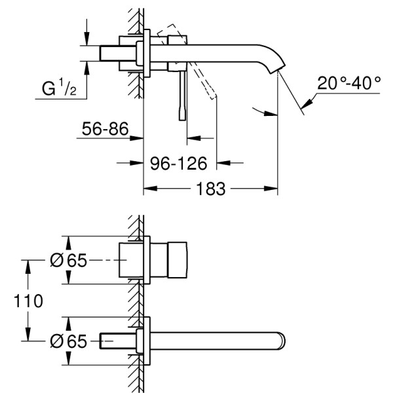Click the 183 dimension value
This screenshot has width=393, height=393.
click(x=210, y=189)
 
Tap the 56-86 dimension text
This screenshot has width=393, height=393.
click(x=104, y=129)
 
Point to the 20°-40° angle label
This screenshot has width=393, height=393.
click(x=349, y=83)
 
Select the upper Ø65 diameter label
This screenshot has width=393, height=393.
click(x=68, y=261)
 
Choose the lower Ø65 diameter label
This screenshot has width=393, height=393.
click(x=68, y=341)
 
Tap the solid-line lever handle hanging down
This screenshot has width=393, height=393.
click(x=181, y=95)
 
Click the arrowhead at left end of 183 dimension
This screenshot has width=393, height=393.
click(x=148, y=189)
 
